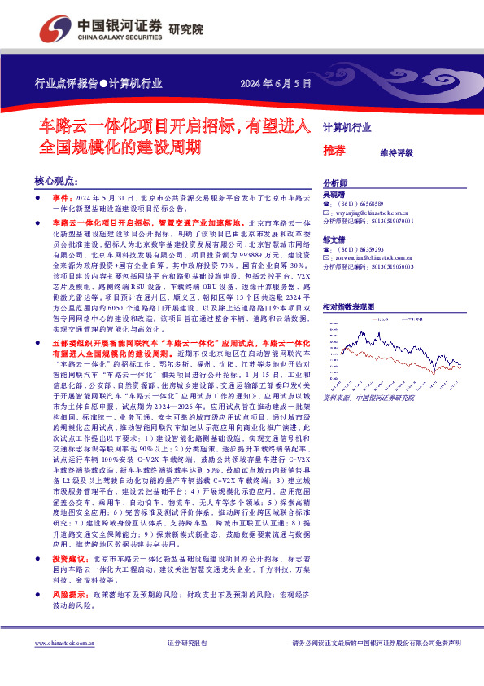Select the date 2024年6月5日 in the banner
tap(276, 82)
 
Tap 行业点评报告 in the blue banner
tap(66, 82)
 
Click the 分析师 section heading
tap(335, 183)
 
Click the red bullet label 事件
tap(62, 199)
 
